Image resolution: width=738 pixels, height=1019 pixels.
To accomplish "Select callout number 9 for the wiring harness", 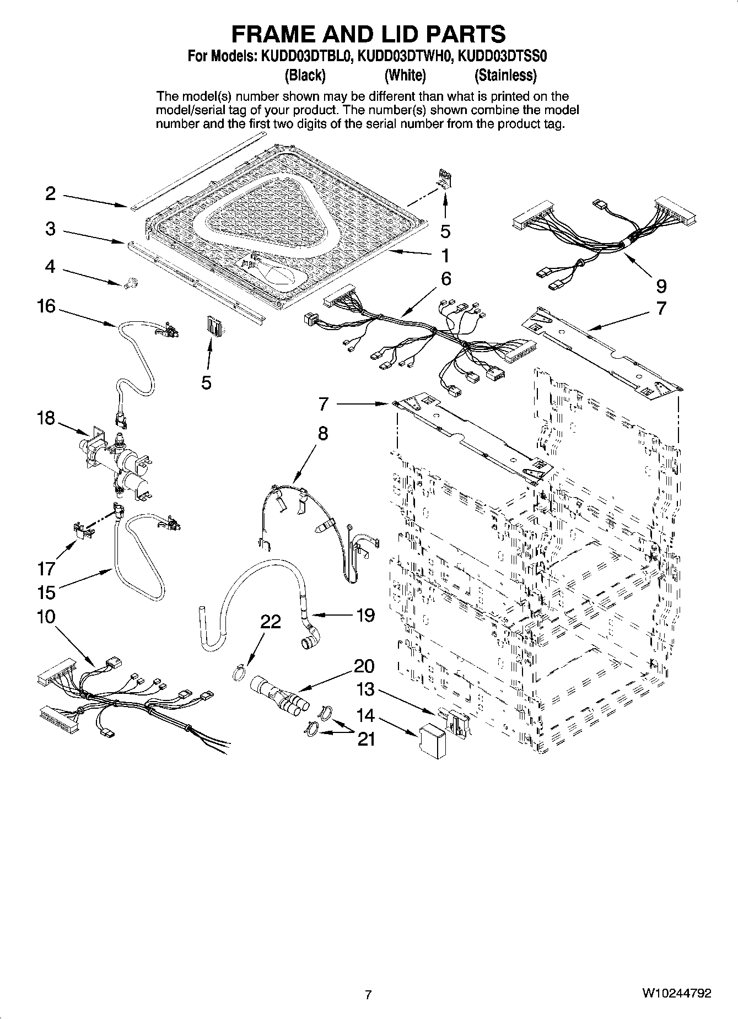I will [661, 285].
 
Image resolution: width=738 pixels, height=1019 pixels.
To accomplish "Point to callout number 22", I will [271, 622].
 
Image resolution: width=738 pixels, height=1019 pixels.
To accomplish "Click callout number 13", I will [365, 689].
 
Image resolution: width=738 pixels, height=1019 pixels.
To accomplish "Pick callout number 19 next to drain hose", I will [365, 614].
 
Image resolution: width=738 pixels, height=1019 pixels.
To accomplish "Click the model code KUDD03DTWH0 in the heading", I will [406, 56].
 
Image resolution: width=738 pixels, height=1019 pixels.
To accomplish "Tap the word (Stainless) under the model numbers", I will [505, 75].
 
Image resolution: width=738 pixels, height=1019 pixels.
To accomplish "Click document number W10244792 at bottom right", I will [676, 993].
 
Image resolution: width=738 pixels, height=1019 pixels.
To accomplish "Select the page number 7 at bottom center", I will [368, 994].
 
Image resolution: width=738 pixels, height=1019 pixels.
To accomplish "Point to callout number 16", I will [46, 305].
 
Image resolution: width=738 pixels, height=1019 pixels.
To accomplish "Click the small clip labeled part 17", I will [83, 531].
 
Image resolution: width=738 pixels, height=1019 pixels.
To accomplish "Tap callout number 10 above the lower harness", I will [46, 616].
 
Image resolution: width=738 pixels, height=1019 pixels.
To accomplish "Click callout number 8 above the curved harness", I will [322, 433].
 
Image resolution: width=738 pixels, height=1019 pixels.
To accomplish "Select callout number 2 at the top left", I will [50, 193].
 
